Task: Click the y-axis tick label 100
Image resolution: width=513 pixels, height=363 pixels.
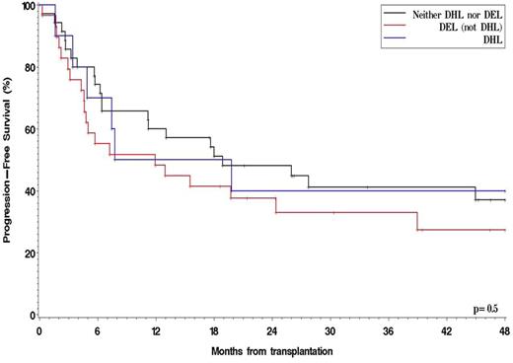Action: (x=25, y=6)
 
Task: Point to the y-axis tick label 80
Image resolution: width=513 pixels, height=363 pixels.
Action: (x=28, y=68)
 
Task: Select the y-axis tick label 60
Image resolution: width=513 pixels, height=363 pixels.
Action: (x=28, y=129)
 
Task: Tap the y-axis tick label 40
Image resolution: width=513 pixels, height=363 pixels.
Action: (x=28, y=191)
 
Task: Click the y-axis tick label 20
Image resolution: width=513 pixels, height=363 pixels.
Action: (x=28, y=254)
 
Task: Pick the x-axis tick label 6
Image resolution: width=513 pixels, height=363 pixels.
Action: (x=97, y=331)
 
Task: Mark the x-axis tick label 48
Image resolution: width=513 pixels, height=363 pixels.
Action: (x=503, y=331)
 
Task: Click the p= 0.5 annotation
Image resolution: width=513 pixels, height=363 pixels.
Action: (x=484, y=309)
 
